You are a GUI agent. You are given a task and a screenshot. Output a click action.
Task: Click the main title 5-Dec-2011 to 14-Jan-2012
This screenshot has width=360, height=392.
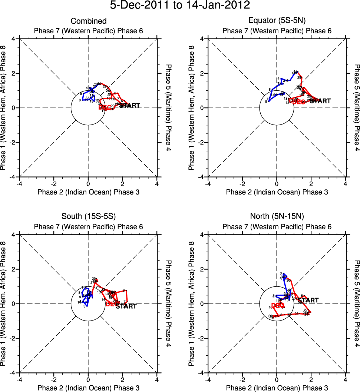click(x=180, y=6)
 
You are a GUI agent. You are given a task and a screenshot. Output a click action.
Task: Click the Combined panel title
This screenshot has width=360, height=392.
click(x=88, y=21)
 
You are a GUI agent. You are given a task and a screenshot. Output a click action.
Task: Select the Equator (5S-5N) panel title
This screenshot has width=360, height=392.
click(x=277, y=21)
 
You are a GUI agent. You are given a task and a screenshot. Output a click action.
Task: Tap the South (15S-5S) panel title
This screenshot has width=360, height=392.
click(x=88, y=217)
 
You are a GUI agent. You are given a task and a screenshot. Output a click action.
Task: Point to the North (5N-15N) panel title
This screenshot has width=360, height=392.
click(x=277, y=217)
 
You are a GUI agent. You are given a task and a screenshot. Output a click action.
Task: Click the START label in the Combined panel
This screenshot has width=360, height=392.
click(x=130, y=106)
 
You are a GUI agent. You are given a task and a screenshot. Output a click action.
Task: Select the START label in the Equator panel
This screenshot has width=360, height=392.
click(x=320, y=101)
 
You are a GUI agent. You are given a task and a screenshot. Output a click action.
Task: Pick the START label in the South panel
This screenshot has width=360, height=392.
click(x=126, y=306)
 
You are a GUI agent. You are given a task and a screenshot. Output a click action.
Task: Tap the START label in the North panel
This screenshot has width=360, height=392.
click(x=308, y=300)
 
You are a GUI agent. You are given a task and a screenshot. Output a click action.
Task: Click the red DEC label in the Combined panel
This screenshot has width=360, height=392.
click(x=106, y=107)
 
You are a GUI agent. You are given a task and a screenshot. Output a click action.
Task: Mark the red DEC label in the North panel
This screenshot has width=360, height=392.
click(x=278, y=305)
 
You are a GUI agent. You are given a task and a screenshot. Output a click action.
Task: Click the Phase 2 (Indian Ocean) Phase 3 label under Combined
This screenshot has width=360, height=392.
click(x=88, y=192)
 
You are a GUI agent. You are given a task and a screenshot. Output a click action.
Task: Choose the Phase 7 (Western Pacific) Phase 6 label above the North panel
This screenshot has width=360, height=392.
click(x=277, y=227)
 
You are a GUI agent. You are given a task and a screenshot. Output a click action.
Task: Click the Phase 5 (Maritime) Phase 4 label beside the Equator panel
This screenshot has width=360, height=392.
click(x=357, y=108)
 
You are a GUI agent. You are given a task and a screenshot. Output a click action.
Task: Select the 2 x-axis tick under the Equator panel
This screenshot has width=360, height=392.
click(x=311, y=183)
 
